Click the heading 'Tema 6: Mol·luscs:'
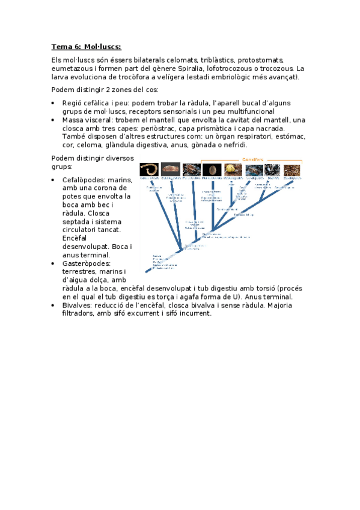pyautogui.click(x=87, y=47)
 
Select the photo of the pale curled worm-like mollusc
pyautogui.click(x=149, y=170)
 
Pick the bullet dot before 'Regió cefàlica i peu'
pyautogui.click(x=55, y=103)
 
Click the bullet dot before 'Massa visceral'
pyautogui.click(x=55, y=120)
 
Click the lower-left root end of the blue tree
pyautogui.click(x=147, y=272)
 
